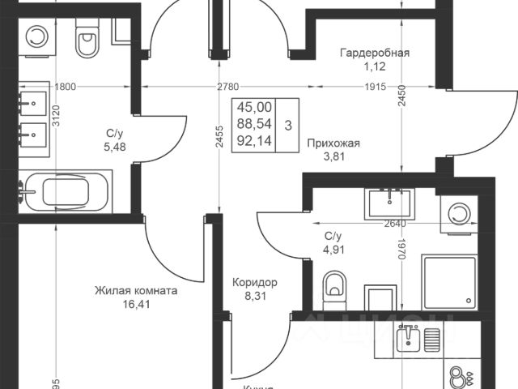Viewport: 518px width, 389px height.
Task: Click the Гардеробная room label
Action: click(x=374, y=53)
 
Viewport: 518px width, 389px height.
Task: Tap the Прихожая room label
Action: click(x=333, y=143)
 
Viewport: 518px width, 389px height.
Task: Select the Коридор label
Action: click(x=255, y=283)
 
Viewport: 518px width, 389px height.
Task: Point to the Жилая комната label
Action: click(x=136, y=290)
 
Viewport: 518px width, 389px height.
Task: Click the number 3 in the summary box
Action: click(x=289, y=125)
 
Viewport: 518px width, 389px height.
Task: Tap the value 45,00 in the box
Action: click(x=255, y=106)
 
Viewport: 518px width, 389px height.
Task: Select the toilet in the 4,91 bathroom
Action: click(x=333, y=286)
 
